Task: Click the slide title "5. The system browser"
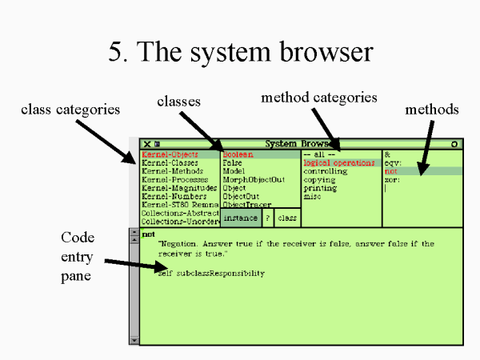240,52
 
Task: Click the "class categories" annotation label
72,108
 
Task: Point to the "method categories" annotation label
318,98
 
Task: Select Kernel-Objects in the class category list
170,154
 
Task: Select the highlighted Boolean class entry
238,154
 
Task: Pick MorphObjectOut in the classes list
254,179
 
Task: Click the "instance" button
240,218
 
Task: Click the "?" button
268,218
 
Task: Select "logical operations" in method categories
338,162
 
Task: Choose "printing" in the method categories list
320,188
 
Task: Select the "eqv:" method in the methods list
394,162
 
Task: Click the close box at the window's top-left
147,144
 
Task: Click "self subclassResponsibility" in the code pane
211,274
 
